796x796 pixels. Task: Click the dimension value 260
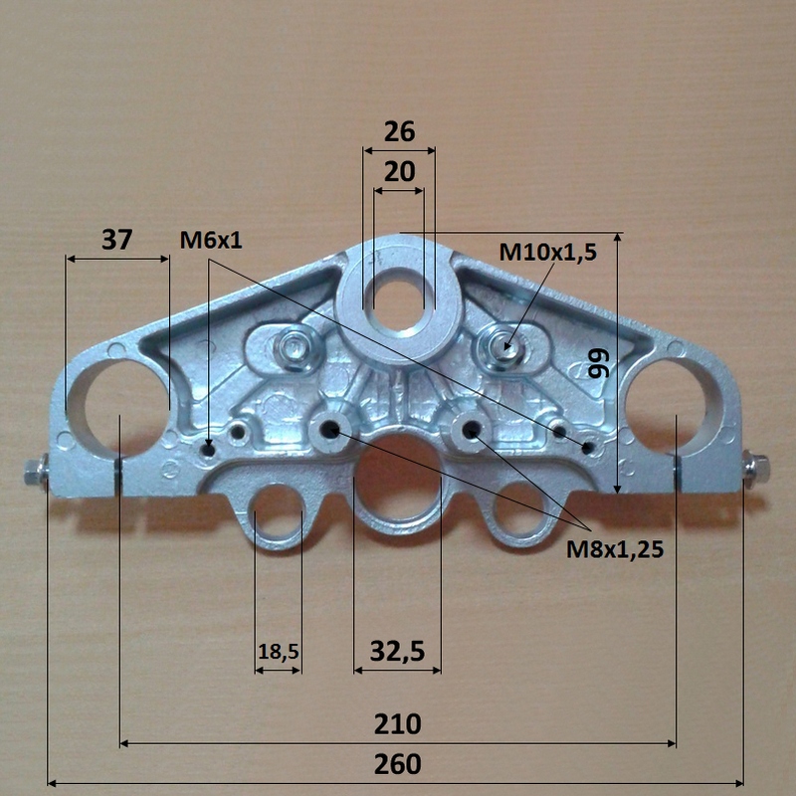coord(397,764)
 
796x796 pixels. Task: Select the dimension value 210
coord(397,724)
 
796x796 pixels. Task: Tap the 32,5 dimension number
coord(397,652)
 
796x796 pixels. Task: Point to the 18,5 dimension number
coord(279,652)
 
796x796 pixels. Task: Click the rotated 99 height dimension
coord(598,363)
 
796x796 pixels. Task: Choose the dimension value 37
coord(116,240)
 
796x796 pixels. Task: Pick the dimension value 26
coord(400,131)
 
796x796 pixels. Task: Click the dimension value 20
coord(400,172)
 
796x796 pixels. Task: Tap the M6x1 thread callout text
coord(211,240)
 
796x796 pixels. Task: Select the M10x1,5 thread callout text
coord(548,253)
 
